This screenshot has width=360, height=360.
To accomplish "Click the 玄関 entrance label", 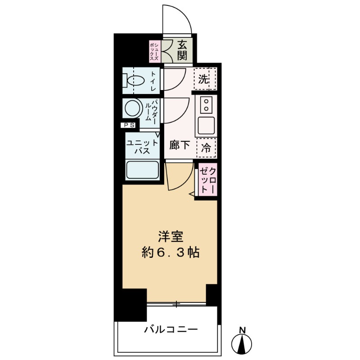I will click(x=182, y=50).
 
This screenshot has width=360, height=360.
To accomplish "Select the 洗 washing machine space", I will click(x=204, y=80).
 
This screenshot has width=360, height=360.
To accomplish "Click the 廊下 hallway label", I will click(x=179, y=145).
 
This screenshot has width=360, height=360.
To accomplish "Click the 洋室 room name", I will click(x=169, y=237).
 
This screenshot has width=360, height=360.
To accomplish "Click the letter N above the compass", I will click(x=243, y=329).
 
